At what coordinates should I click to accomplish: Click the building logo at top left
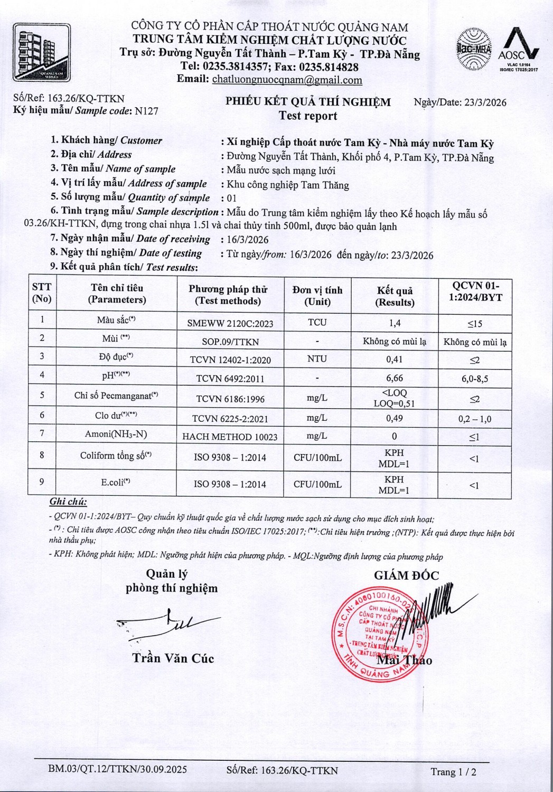coord(42,52)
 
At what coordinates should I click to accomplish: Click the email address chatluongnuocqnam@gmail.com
coord(287,80)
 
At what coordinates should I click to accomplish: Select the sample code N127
coord(146,111)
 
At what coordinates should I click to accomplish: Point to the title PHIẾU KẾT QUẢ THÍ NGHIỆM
coord(308,102)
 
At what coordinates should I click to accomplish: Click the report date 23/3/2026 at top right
coord(485,102)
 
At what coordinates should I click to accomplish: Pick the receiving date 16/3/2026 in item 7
coord(248,239)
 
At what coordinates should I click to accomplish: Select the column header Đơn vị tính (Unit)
coord(317,296)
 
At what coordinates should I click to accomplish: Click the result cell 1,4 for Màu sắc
coord(394,323)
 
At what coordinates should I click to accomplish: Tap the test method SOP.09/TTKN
coord(230,342)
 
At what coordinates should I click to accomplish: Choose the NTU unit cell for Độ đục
coord(317,359)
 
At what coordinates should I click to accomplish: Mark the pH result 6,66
coord(394,378)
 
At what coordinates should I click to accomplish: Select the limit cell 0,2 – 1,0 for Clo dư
coord(474,419)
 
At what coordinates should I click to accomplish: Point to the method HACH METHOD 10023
coord(230,437)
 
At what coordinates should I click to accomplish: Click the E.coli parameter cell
coord(116,482)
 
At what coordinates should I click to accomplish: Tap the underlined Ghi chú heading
coord(68,502)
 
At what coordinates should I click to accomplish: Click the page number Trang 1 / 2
coord(453,771)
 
